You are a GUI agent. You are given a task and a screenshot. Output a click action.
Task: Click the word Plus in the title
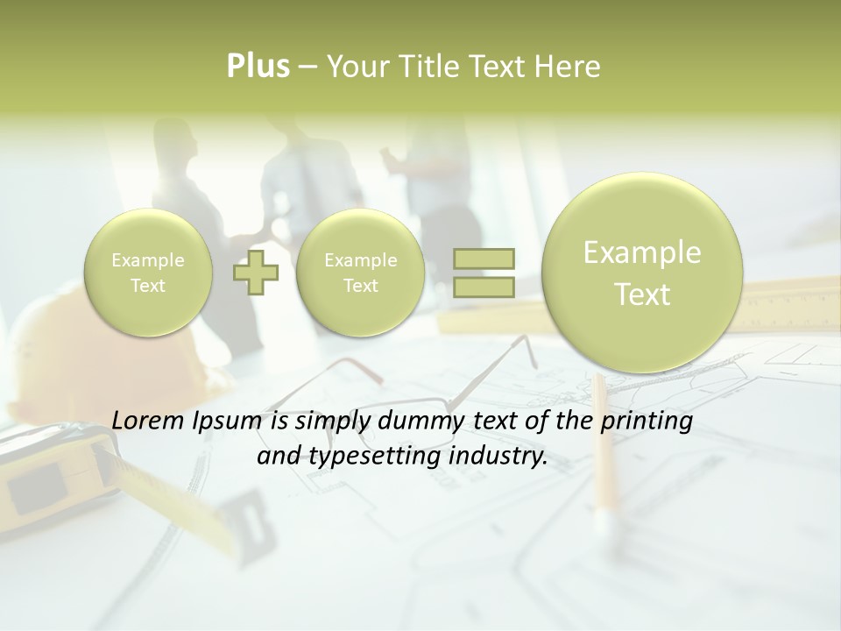(258, 67)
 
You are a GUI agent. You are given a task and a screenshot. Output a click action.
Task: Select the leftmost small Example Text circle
(147, 273)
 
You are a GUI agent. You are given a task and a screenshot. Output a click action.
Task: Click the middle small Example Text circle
(360, 273)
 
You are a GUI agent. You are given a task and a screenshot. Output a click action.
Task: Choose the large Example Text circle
(642, 273)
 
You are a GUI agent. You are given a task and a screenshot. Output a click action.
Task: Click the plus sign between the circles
(256, 273)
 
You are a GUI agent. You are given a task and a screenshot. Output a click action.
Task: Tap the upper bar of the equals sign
(484, 259)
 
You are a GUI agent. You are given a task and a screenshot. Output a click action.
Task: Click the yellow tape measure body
(44, 473)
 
